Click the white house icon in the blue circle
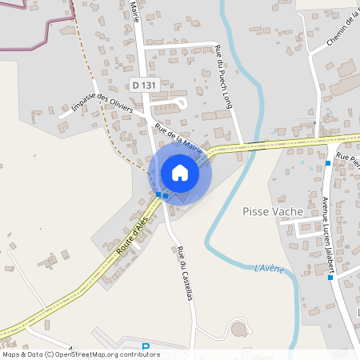(180, 173)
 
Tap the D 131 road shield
(144, 84)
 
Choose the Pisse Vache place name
(272, 212)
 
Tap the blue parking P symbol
(146, 347)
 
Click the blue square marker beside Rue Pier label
(328, 163)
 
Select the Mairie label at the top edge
(134, 12)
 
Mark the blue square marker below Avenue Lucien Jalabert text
(330, 279)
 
